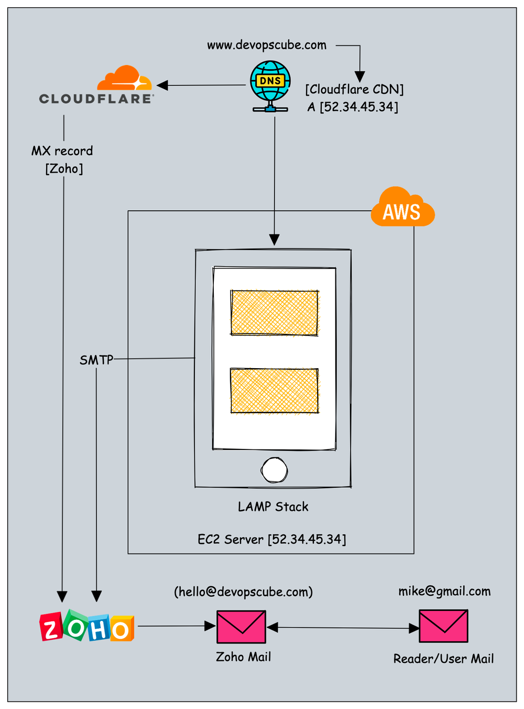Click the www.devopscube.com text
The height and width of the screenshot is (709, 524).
click(267, 45)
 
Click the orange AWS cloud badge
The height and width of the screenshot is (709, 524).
click(402, 208)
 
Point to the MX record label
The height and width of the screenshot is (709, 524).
click(62, 151)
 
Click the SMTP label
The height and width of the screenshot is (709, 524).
click(96, 360)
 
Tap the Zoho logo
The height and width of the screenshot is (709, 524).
click(87, 626)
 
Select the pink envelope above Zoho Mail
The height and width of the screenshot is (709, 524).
click(241, 627)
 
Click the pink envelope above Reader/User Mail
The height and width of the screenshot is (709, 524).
click(443, 626)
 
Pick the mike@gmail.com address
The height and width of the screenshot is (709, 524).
click(444, 592)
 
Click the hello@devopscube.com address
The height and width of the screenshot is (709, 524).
click(243, 592)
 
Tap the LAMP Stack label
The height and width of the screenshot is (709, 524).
click(273, 507)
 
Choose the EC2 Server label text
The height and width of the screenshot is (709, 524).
click(271, 539)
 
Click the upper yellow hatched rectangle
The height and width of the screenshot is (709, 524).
click(274, 313)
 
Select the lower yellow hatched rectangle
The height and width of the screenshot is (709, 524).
click(274, 391)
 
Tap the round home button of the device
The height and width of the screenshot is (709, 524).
click(274, 470)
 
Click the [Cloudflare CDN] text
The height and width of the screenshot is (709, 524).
click(355, 90)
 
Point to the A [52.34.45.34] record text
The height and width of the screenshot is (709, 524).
click(353, 107)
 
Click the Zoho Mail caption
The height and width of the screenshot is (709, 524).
click(243, 657)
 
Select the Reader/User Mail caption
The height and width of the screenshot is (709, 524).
click(443, 659)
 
